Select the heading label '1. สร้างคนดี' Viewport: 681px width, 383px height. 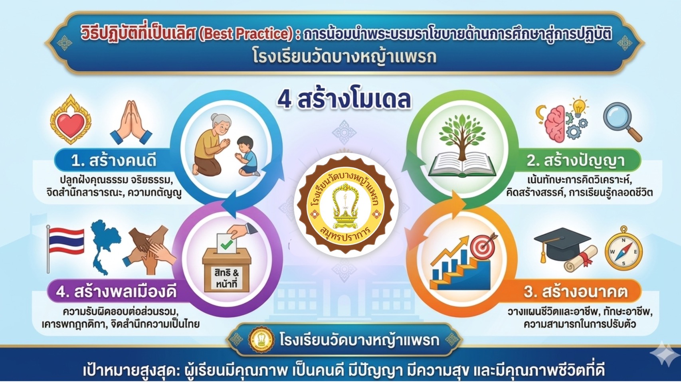click(x=114, y=161)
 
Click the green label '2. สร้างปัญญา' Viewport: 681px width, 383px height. click(x=576, y=161)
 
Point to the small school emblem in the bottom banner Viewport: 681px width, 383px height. click(x=261, y=340)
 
